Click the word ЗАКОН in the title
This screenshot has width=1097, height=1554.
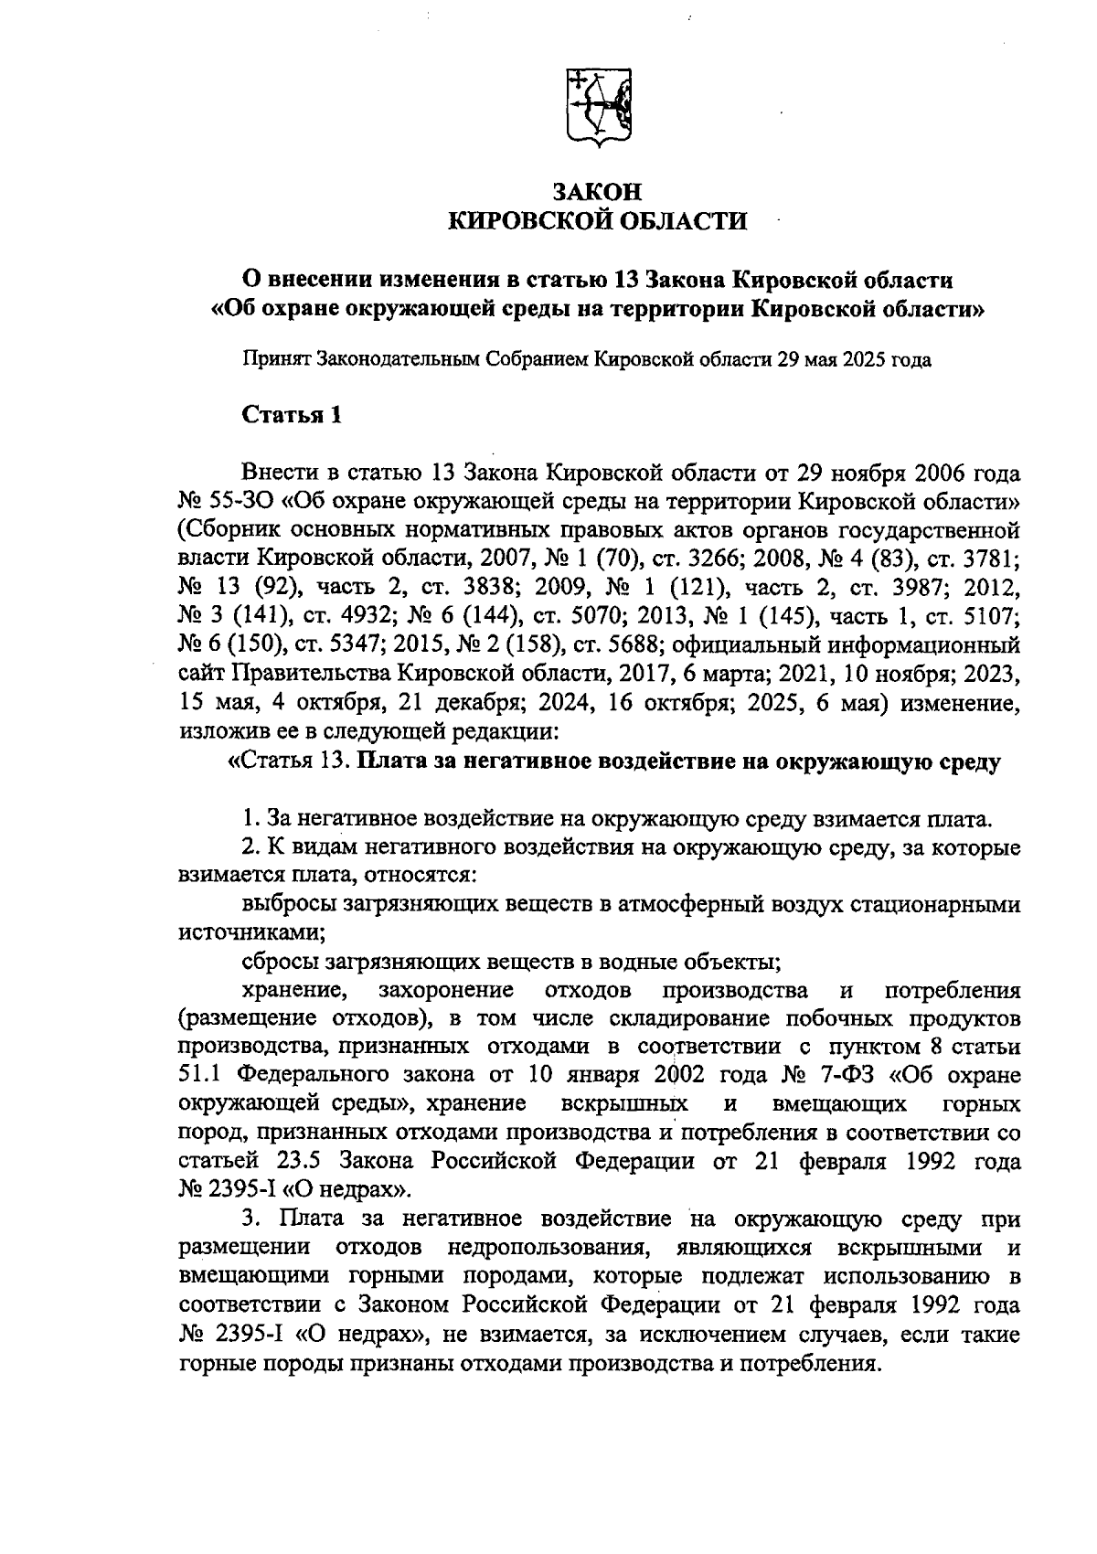tap(600, 192)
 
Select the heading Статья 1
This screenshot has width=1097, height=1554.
tap(292, 415)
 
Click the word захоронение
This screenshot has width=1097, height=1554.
tap(445, 990)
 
